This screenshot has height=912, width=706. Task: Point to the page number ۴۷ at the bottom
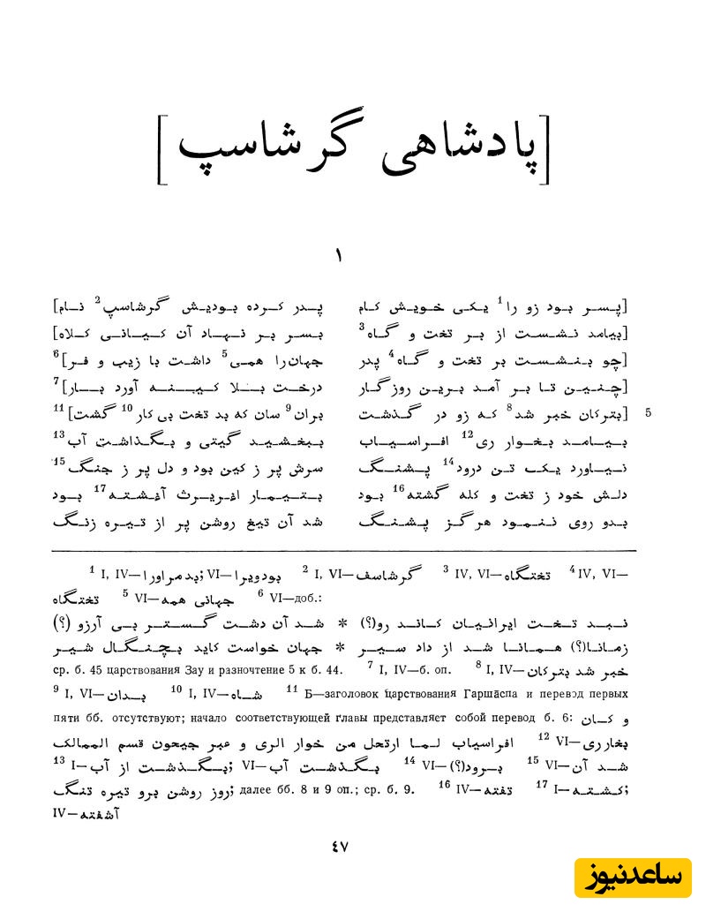[x=341, y=846]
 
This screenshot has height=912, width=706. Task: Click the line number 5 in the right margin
[x=650, y=412]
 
